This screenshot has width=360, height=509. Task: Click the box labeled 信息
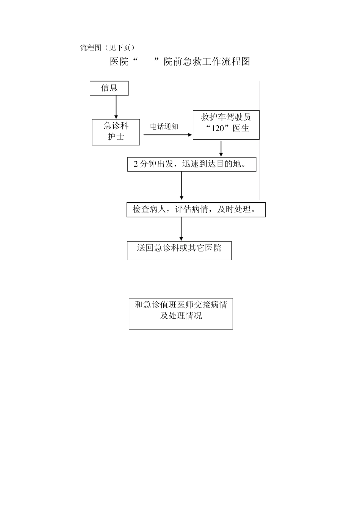[109, 88]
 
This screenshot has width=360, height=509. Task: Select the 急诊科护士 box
[116, 132]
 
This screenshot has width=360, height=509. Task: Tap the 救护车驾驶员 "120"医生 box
[226, 125]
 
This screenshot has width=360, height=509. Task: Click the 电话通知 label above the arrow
[164, 126]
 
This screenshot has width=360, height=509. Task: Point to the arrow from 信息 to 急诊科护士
[116, 107]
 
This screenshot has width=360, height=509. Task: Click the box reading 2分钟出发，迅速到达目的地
[192, 164]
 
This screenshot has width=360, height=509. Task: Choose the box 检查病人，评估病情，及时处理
[196, 209]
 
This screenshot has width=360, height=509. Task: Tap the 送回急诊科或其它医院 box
[179, 250]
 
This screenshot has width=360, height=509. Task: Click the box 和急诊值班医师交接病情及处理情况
[181, 314]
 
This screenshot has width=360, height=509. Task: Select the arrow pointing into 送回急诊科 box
[181, 229]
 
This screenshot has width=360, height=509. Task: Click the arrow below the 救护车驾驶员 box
[221, 148]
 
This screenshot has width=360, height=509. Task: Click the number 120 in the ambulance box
[218, 128]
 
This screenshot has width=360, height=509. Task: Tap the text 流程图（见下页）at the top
[107, 48]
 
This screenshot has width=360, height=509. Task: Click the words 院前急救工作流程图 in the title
[207, 62]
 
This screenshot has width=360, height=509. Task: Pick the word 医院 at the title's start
[119, 62]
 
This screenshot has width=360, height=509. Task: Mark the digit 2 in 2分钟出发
[136, 164]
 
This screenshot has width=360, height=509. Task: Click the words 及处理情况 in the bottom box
[181, 315]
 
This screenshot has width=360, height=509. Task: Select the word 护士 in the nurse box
[116, 136]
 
